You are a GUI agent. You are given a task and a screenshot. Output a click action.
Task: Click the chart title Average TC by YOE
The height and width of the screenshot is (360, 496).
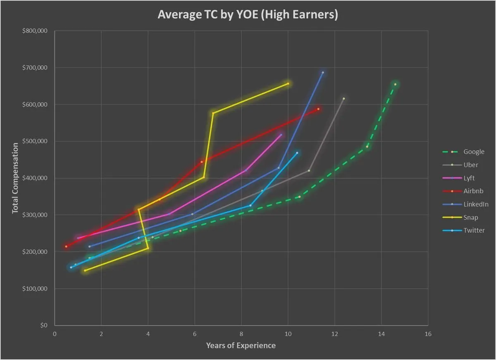248,15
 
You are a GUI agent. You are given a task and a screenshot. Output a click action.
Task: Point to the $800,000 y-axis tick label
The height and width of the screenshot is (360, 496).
36,31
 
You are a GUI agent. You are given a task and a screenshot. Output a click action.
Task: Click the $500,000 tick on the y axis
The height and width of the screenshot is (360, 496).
36,141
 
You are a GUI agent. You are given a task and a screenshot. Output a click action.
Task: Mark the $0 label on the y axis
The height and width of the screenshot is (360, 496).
44,325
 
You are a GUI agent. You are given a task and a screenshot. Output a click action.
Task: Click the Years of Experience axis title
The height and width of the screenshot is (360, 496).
241,346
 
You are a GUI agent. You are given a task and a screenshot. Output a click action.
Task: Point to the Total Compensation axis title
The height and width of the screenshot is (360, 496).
15,178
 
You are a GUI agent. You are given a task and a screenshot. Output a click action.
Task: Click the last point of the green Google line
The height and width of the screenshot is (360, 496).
395,84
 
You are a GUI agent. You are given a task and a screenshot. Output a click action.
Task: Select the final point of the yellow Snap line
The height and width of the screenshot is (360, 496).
288,83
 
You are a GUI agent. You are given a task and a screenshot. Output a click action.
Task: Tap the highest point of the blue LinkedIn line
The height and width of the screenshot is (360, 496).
323,73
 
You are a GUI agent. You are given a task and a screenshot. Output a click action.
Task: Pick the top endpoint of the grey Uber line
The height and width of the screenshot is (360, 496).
343,99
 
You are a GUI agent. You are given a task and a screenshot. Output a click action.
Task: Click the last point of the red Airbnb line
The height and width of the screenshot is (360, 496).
318,109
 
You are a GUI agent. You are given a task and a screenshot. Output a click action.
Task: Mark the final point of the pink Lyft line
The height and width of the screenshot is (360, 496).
281,135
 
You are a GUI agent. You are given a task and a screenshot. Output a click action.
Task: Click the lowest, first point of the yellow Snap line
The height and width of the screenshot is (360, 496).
85,270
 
